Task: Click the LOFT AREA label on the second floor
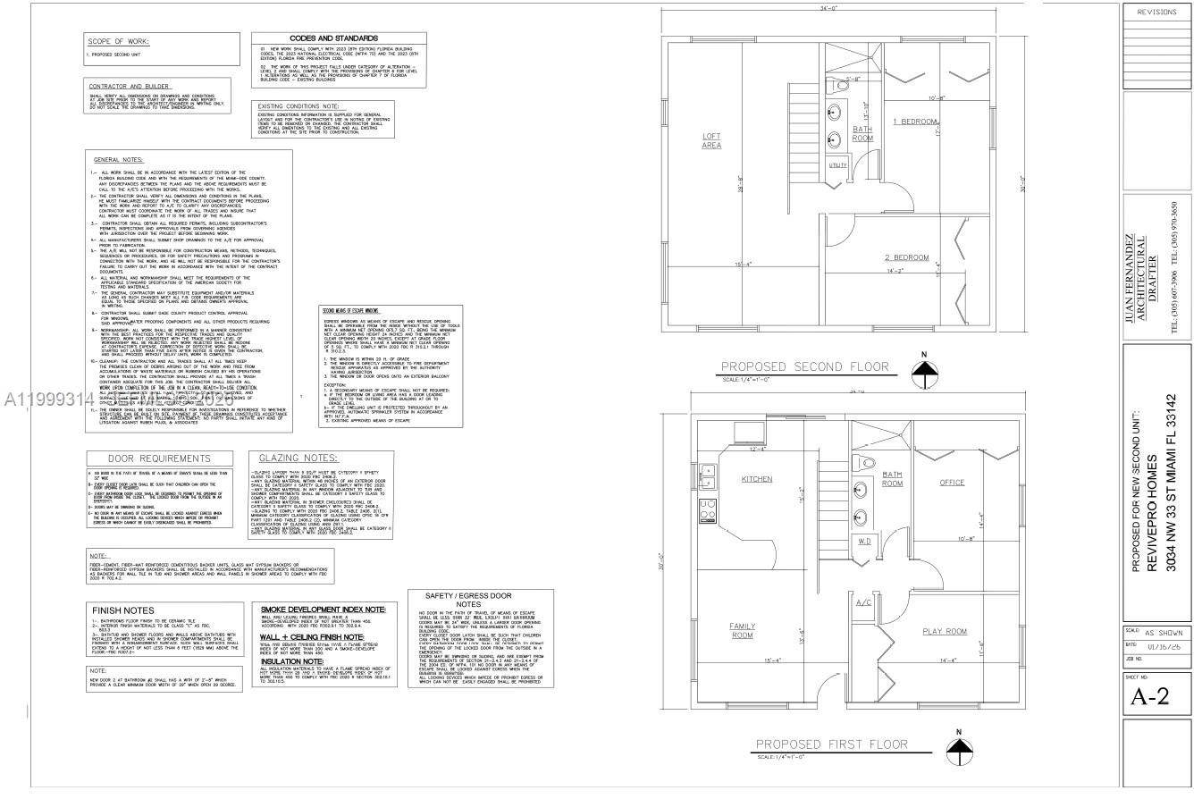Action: (711, 140)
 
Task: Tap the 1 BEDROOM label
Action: (915, 121)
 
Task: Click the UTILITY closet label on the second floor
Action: (837, 165)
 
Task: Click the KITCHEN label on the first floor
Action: (756, 479)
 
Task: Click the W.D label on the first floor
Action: (865, 541)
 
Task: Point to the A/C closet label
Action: (863, 602)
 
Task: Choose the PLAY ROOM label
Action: (945, 632)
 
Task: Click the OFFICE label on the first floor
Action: (951, 483)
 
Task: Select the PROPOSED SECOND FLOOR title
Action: (817, 366)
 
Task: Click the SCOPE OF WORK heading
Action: (117, 41)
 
